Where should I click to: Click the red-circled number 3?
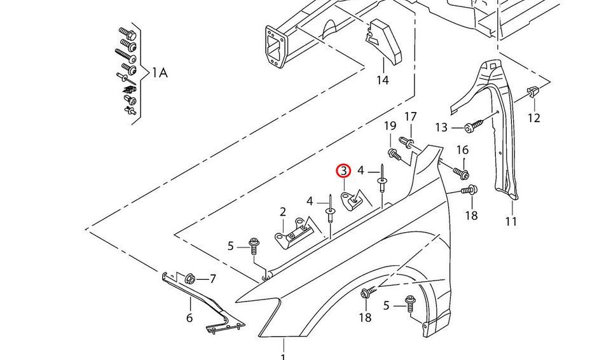click(343, 170)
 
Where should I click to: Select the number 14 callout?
click(382, 80)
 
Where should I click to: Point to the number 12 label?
click(533, 118)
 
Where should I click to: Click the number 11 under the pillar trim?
click(511, 221)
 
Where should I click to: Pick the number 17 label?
click(411, 116)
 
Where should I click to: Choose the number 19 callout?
click(390, 126)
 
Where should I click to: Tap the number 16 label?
click(462, 149)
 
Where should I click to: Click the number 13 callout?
click(441, 128)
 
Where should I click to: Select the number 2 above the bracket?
click(282, 212)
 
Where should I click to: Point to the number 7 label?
click(212, 279)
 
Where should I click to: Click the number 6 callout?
click(189, 317)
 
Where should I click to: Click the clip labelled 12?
click(533, 93)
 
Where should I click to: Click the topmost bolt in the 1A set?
click(124, 32)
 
